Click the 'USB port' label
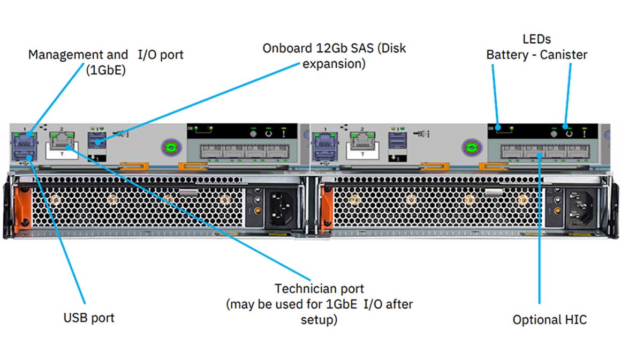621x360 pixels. (x=89, y=318)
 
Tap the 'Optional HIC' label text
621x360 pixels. (x=549, y=320)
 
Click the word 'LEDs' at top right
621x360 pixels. (x=536, y=39)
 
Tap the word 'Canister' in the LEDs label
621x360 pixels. (x=563, y=55)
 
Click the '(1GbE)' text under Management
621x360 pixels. (x=105, y=70)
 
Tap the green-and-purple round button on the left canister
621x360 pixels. (x=170, y=147)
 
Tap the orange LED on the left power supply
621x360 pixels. (x=258, y=211)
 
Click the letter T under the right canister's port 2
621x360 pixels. (x=362, y=154)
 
